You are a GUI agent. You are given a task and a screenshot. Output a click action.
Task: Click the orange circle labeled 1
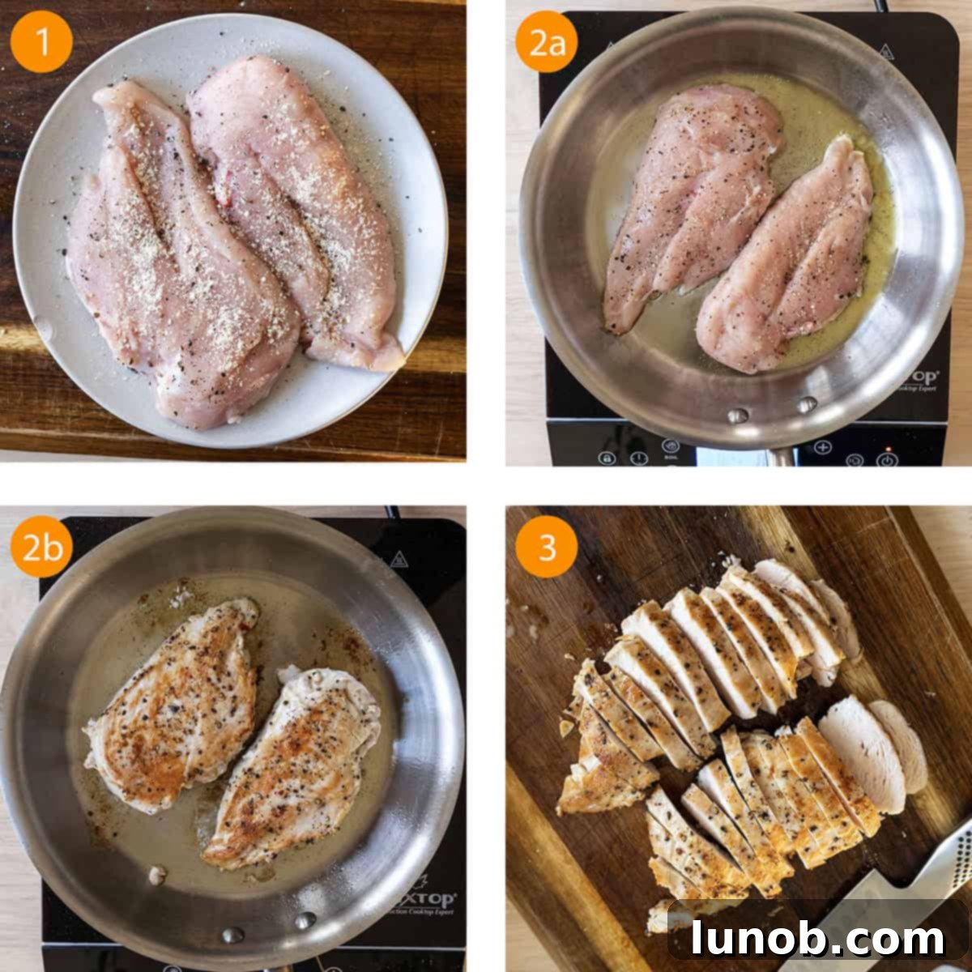[x=41, y=41]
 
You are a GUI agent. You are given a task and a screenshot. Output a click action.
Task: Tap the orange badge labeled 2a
[x=547, y=41]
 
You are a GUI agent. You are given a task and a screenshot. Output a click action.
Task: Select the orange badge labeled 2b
[x=41, y=547]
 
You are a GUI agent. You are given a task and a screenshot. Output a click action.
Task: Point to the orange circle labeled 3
[x=547, y=547]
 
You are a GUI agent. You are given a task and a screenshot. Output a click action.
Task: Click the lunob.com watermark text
[x=818, y=939]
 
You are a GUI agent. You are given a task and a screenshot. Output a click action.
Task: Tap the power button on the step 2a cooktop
[x=888, y=459]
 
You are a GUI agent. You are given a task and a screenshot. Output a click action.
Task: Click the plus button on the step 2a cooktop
[x=822, y=446]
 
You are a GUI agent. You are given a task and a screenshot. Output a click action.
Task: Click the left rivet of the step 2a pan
[x=737, y=416]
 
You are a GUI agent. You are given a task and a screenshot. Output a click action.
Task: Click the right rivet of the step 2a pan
[x=806, y=404]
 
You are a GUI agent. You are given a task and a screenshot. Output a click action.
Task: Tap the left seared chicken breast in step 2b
[x=174, y=705]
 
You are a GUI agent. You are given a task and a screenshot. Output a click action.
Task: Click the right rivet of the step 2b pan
[x=305, y=920]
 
